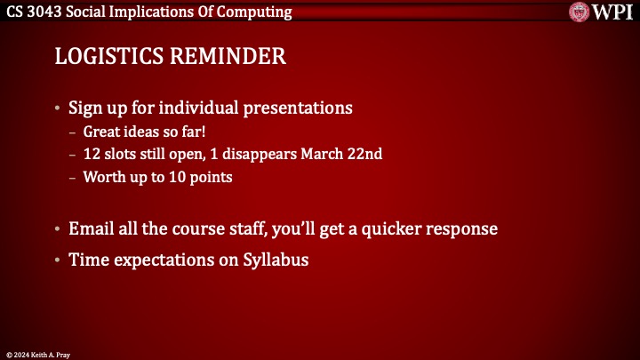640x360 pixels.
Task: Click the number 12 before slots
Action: (x=91, y=154)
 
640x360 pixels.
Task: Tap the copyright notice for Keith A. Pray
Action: (x=37, y=354)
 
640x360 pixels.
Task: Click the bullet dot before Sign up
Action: (x=59, y=109)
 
